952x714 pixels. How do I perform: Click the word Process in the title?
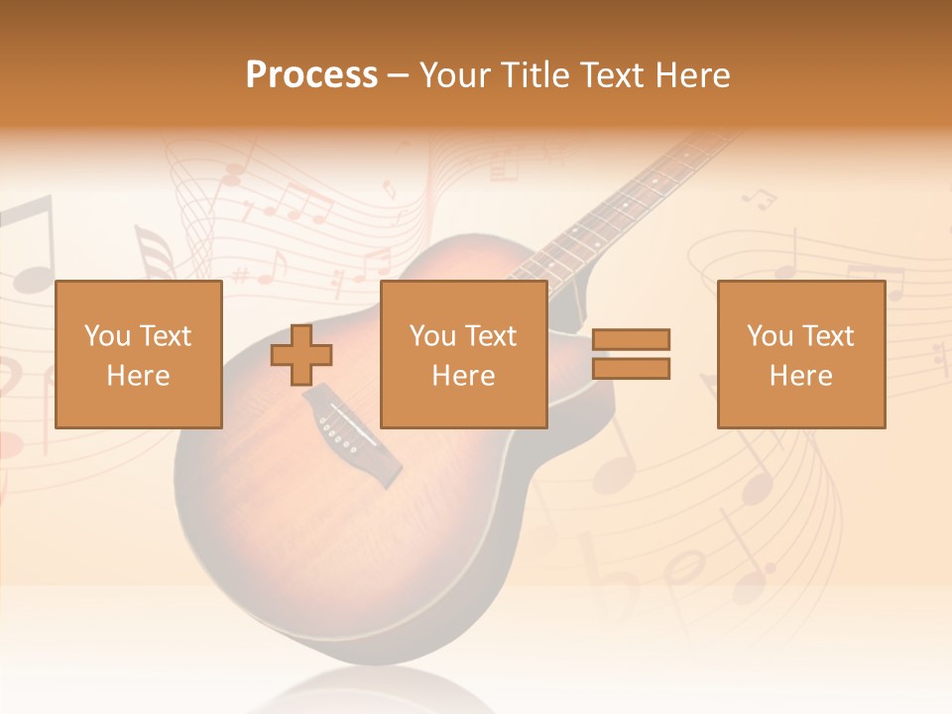(x=311, y=75)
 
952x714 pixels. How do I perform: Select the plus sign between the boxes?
(x=301, y=354)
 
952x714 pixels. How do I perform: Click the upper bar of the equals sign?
(x=631, y=339)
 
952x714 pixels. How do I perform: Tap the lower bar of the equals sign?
(x=631, y=369)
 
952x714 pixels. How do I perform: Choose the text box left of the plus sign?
(x=138, y=354)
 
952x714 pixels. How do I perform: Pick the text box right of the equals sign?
(x=800, y=354)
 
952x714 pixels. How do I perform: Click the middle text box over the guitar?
(x=463, y=354)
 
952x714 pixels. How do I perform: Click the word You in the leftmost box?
(x=106, y=336)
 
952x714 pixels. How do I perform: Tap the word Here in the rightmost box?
(x=800, y=376)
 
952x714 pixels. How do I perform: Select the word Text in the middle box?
(x=493, y=336)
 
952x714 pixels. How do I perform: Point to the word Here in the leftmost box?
(x=138, y=376)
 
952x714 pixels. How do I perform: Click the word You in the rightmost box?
(x=769, y=336)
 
